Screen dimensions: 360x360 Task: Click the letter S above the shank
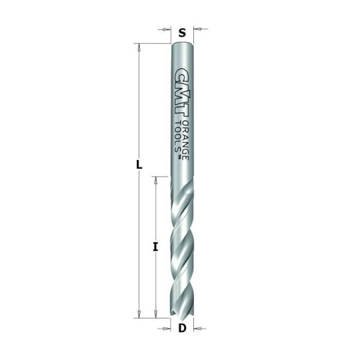[x=181, y=31]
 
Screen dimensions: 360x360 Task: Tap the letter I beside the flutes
[x=155, y=247]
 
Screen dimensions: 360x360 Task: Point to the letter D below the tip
[x=181, y=328]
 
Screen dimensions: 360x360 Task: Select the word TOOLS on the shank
[x=177, y=136]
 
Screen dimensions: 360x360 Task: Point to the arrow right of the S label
[x=198, y=29]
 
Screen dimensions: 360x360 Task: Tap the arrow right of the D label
[x=197, y=328]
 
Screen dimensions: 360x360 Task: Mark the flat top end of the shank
[x=182, y=45]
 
